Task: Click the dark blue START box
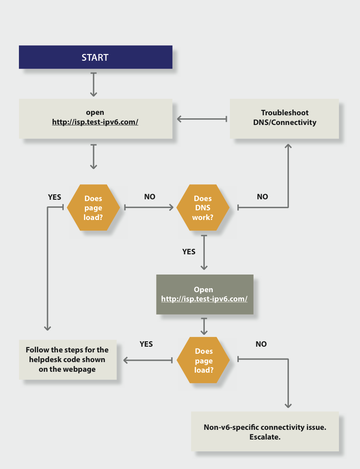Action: (95, 57)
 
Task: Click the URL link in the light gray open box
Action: (95, 122)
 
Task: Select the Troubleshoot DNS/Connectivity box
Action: (284, 118)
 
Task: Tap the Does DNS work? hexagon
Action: (203, 208)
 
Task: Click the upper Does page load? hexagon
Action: (93, 208)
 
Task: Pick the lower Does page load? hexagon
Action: (204, 360)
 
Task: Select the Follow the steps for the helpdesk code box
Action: (67, 359)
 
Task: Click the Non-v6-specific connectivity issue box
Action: (265, 432)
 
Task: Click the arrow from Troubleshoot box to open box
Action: (202, 119)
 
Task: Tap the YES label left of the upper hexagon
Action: (55, 197)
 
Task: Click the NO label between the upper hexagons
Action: (150, 197)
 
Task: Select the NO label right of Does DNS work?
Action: (262, 197)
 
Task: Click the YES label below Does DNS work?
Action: (189, 252)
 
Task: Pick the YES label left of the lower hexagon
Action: (146, 344)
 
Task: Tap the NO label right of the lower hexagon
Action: (261, 344)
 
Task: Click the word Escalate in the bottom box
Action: (265, 437)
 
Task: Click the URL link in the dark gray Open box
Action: (204, 299)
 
